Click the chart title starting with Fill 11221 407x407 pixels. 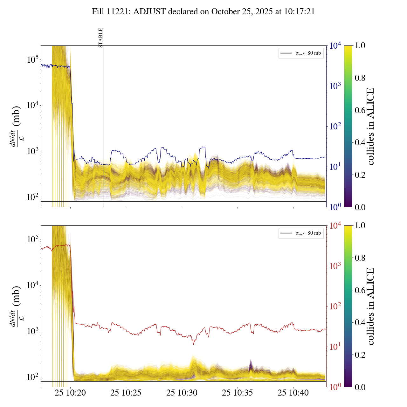[x=203, y=12]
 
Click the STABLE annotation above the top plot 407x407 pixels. [x=101, y=38]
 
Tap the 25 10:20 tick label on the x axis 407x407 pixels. [x=70, y=393]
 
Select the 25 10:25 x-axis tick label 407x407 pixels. [x=126, y=393]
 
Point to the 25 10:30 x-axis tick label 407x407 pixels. [x=182, y=393]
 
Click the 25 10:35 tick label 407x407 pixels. [x=238, y=393]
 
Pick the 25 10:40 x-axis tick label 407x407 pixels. [x=293, y=393]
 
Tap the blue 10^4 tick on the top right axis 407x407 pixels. [x=335, y=46]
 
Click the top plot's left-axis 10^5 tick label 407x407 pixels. [x=33, y=59]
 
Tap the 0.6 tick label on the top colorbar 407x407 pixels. [x=360, y=110]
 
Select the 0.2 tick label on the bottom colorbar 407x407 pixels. [x=360, y=355]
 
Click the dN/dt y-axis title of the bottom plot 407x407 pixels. [x=16, y=306]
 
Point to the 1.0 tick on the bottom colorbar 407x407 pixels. [x=360, y=226]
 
